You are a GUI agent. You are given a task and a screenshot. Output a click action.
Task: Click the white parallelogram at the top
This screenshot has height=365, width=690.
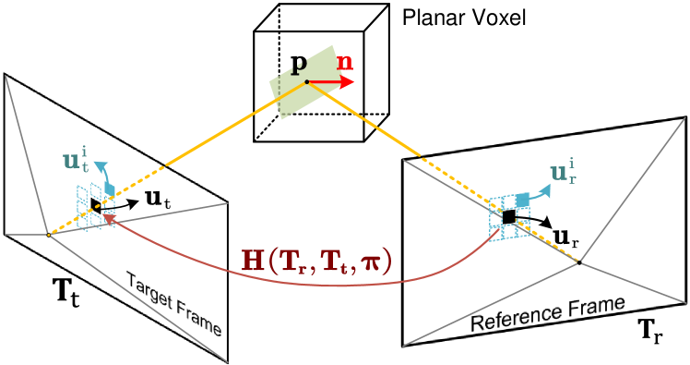pos(321,18)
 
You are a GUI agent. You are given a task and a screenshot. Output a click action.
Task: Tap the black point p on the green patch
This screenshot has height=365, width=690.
pos(307,81)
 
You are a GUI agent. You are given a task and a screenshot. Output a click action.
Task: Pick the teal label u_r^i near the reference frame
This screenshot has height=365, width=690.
pos(565,172)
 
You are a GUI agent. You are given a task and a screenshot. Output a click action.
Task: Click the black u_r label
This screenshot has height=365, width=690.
pos(566,238)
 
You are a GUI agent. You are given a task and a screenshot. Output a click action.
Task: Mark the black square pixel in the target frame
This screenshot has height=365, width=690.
pos(96,203)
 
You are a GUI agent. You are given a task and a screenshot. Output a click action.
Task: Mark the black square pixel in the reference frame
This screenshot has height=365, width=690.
pos(507,216)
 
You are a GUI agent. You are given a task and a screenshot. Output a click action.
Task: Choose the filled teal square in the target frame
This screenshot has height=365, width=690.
pos(109,189)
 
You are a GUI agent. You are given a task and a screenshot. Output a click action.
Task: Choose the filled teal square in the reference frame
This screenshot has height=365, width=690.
pos(523,200)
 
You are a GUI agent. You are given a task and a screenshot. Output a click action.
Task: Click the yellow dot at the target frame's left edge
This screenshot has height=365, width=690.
pos(49,235)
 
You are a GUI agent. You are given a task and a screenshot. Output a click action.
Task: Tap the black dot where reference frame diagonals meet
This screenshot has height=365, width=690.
pos(579,263)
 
